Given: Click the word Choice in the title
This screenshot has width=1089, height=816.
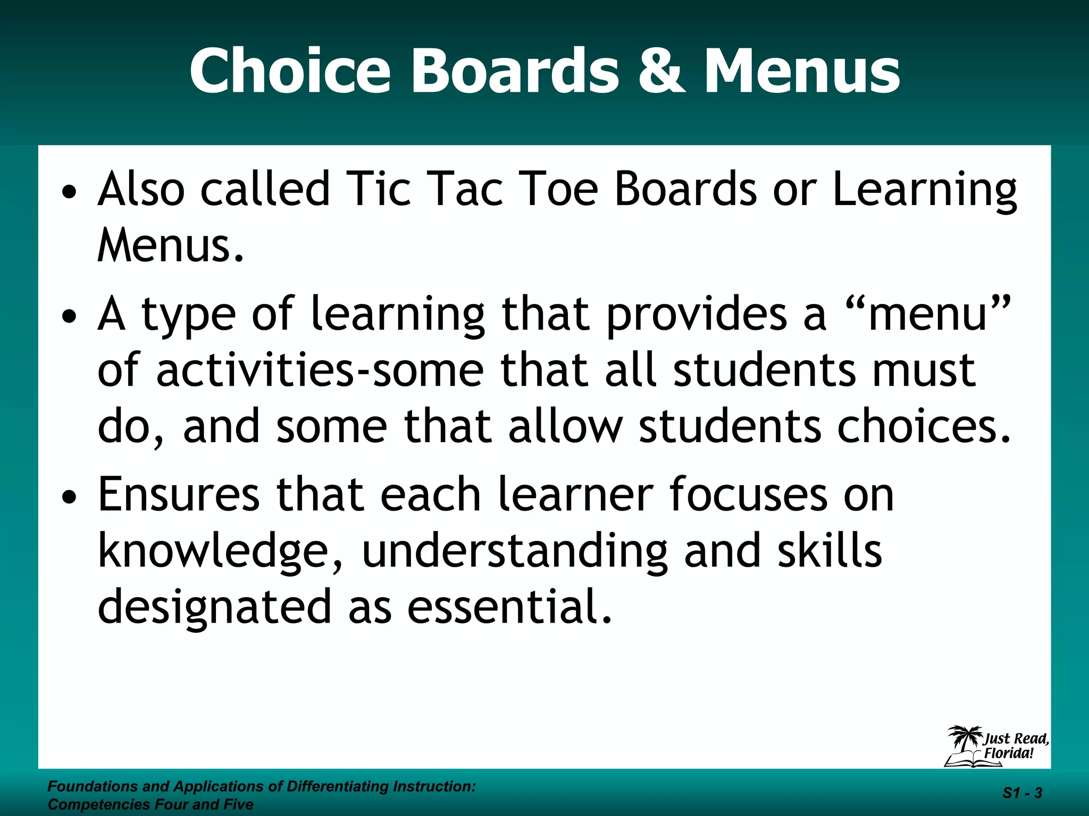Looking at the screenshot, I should coord(290,71).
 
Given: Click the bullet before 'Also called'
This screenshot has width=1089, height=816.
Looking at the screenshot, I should coord(69,190).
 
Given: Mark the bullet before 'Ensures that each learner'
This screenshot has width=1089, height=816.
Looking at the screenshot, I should coord(69,497).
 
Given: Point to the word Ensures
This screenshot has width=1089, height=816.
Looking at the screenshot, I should coord(179,495).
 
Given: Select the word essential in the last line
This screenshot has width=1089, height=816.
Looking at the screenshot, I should coord(509,607).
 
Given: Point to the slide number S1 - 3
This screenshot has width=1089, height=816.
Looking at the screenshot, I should coord(1022,793).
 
